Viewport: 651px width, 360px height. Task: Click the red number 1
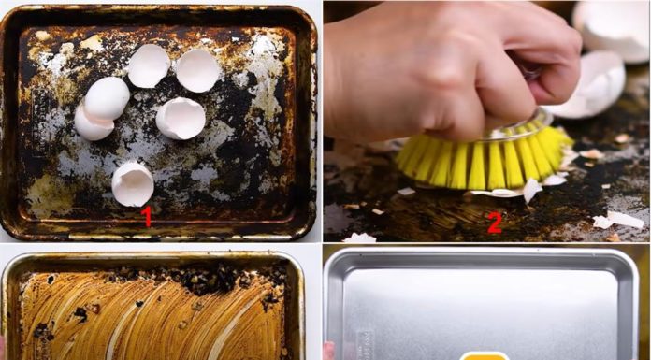145,216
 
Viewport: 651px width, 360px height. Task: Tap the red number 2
495,223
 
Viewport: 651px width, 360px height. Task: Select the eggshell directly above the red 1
133,183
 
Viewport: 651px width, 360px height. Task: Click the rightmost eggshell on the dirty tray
197,70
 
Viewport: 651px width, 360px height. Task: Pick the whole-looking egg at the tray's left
107,98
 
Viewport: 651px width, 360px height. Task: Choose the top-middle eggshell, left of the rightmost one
149,65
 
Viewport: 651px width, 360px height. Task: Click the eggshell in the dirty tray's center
181,118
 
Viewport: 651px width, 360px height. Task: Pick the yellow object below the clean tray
485,355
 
